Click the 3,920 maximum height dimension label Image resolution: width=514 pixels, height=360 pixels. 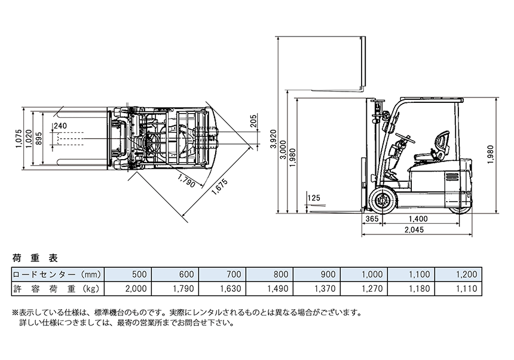click(273, 139)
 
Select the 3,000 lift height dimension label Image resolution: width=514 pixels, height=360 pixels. click(283, 150)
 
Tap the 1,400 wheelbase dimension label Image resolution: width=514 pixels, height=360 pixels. click(418, 219)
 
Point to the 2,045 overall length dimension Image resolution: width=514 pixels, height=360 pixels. click(414, 230)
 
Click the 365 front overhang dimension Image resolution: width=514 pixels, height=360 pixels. click(372, 219)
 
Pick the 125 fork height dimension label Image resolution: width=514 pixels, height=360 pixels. click(314, 198)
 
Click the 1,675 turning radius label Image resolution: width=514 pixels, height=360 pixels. click(219, 187)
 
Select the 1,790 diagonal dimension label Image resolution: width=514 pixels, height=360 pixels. click(186, 181)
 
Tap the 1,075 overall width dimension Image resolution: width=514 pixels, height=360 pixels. click(19, 138)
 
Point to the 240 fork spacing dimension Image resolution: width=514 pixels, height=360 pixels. click(60, 126)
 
